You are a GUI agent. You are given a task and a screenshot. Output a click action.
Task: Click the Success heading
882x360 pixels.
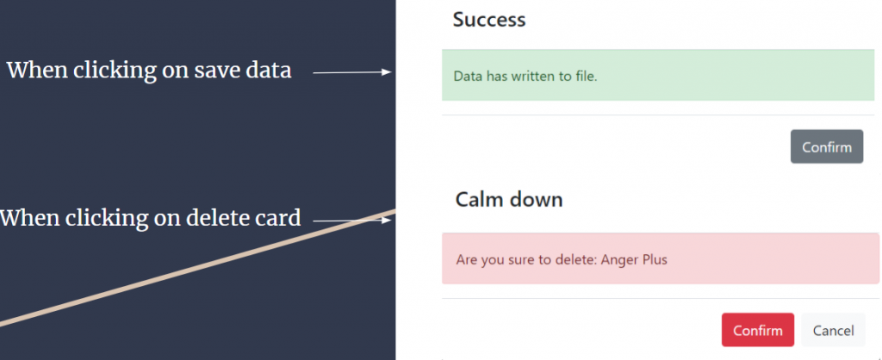click(x=489, y=20)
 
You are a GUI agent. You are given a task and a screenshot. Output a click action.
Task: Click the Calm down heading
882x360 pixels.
click(x=509, y=200)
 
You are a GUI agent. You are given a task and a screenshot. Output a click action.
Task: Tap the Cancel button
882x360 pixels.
click(x=833, y=330)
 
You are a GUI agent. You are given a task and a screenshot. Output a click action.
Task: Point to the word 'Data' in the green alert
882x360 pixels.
click(x=468, y=76)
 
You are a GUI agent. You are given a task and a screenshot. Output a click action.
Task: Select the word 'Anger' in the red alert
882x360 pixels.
click(x=618, y=260)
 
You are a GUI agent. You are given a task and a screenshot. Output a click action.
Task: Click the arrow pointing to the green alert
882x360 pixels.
click(x=352, y=72)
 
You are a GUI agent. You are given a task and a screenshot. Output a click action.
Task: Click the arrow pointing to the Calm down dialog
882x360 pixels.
click(x=352, y=220)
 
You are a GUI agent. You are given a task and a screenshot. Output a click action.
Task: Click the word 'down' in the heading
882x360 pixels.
click(x=537, y=200)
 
